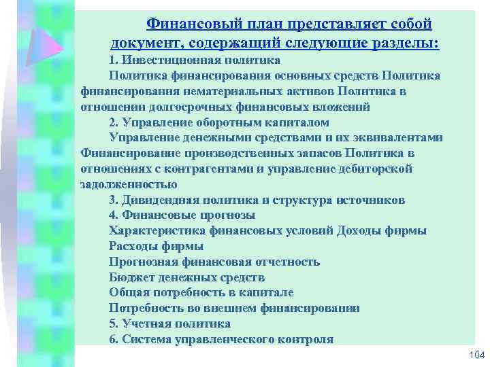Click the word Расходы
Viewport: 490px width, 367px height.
click(x=134, y=246)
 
